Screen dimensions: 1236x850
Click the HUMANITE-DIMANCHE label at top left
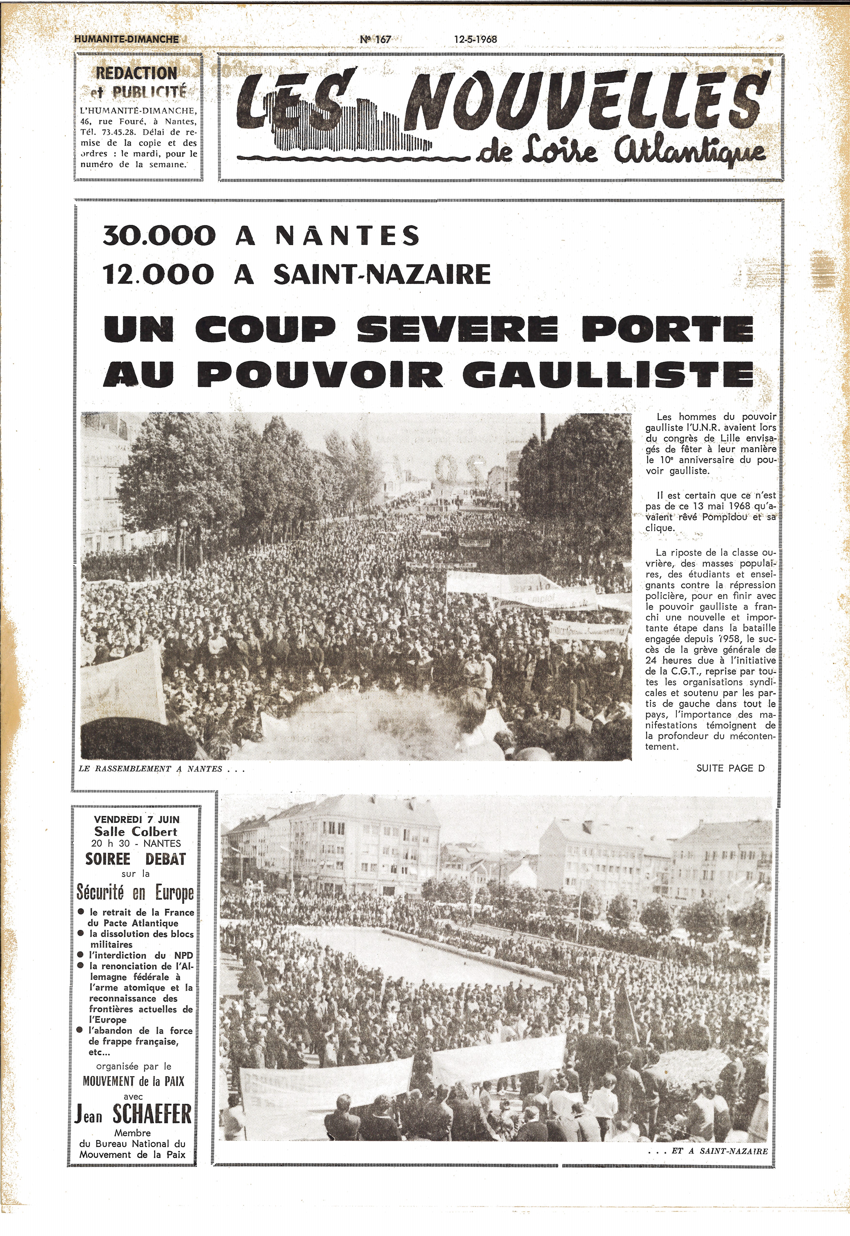[127, 39]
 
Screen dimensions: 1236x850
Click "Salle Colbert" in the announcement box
[136, 831]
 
